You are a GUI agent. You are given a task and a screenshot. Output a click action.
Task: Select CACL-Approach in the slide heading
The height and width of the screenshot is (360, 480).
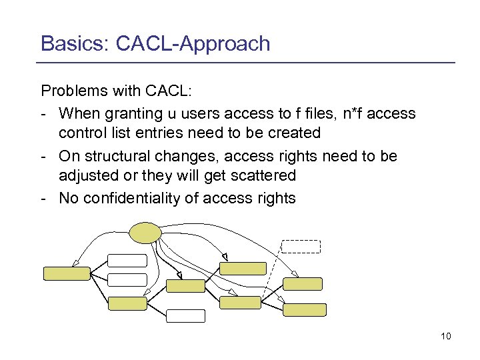[x=193, y=43]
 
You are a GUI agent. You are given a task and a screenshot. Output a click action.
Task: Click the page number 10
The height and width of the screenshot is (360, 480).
[x=445, y=336]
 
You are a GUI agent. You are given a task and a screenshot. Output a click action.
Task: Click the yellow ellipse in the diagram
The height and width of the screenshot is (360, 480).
[x=145, y=232]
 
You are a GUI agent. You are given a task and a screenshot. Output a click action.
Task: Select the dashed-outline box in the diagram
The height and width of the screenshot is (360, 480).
[x=301, y=245]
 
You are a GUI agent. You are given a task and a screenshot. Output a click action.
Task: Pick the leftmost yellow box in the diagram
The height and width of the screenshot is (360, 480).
[x=67, y=273]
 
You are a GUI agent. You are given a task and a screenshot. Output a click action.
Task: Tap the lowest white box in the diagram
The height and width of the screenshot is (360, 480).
[x=185, y=316]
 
